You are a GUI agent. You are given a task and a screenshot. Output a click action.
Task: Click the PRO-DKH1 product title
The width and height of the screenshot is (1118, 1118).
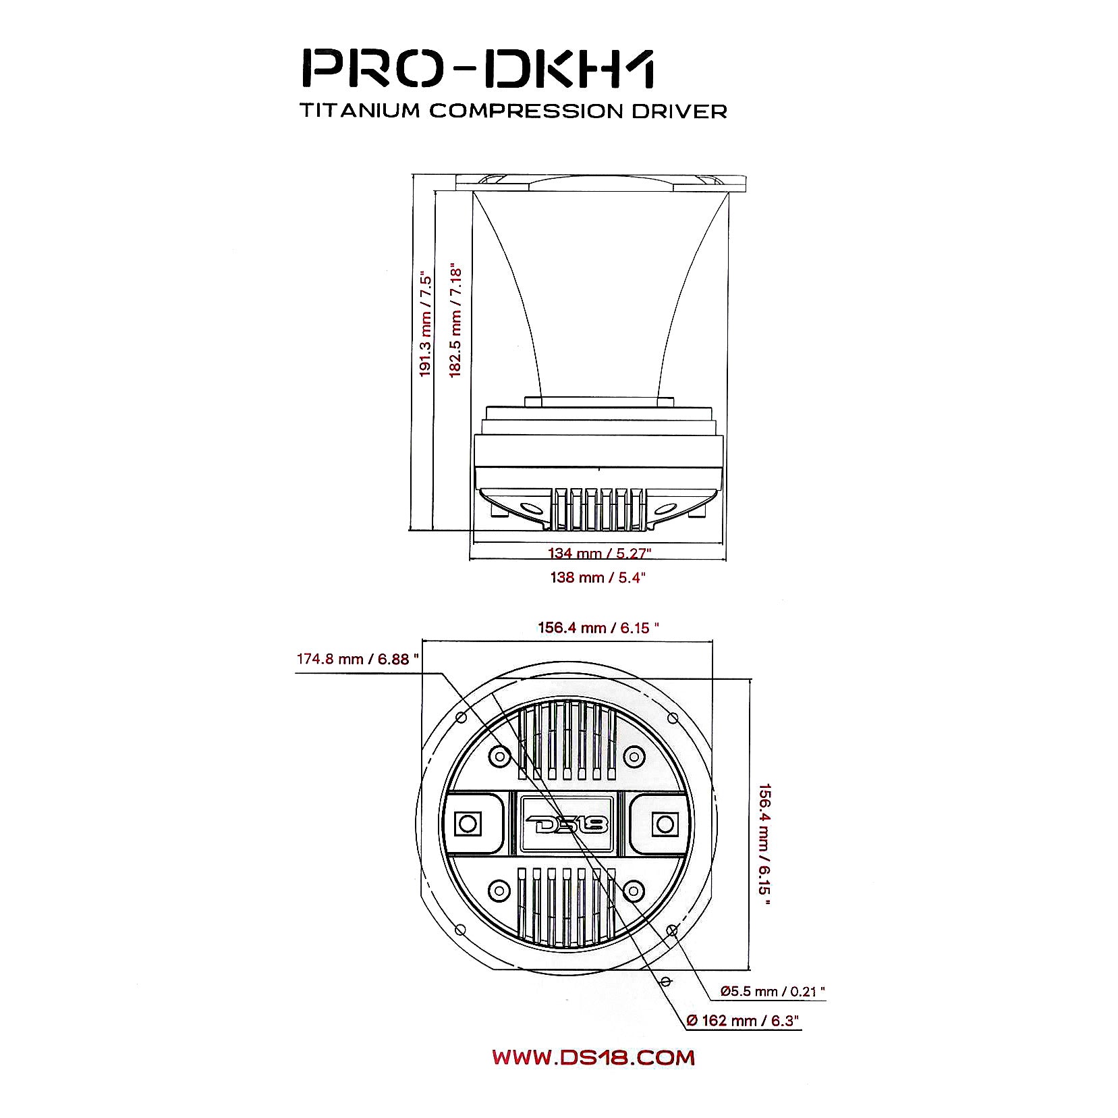[x=477, y=68]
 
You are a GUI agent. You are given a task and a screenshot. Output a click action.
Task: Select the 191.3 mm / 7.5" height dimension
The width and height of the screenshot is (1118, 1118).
[x=425, y=325]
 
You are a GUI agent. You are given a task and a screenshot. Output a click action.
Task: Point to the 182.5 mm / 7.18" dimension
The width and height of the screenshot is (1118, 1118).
[x=455, y=320]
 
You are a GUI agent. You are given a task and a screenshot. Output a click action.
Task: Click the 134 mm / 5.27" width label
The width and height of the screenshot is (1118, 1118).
[x=599, y=554]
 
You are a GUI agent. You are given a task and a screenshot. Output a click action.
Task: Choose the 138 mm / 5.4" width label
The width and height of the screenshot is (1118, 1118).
[x=598, y=577]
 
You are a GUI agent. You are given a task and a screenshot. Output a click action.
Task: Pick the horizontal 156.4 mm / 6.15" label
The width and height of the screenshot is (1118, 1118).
[x=598, y=628]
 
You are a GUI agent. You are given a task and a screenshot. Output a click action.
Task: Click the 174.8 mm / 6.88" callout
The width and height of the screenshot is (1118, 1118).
[x=358, y=659]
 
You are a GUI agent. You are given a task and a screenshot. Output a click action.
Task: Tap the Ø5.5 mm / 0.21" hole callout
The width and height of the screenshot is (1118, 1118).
[x=773, y=992]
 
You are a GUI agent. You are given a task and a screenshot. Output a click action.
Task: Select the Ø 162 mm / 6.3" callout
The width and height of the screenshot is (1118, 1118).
[x=743, y=1021]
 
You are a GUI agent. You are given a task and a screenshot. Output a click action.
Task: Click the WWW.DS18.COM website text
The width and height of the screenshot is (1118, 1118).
[x=593, y=1057]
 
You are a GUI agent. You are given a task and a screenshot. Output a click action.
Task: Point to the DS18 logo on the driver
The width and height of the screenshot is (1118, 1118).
[x=567, y=824]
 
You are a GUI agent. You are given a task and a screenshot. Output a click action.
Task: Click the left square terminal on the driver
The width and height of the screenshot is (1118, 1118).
[x=468, y=824]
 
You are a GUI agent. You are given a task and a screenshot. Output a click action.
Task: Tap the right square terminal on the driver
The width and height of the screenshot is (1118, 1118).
[x=665, y=824]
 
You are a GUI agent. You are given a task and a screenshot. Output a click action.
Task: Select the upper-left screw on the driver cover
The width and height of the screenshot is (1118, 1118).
[x=499, y=756]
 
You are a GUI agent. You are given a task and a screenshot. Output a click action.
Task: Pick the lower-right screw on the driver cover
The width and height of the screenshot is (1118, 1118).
[x=634, y=891]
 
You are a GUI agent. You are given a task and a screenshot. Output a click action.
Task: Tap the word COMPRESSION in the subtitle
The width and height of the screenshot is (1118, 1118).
[x=526, y=111]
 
